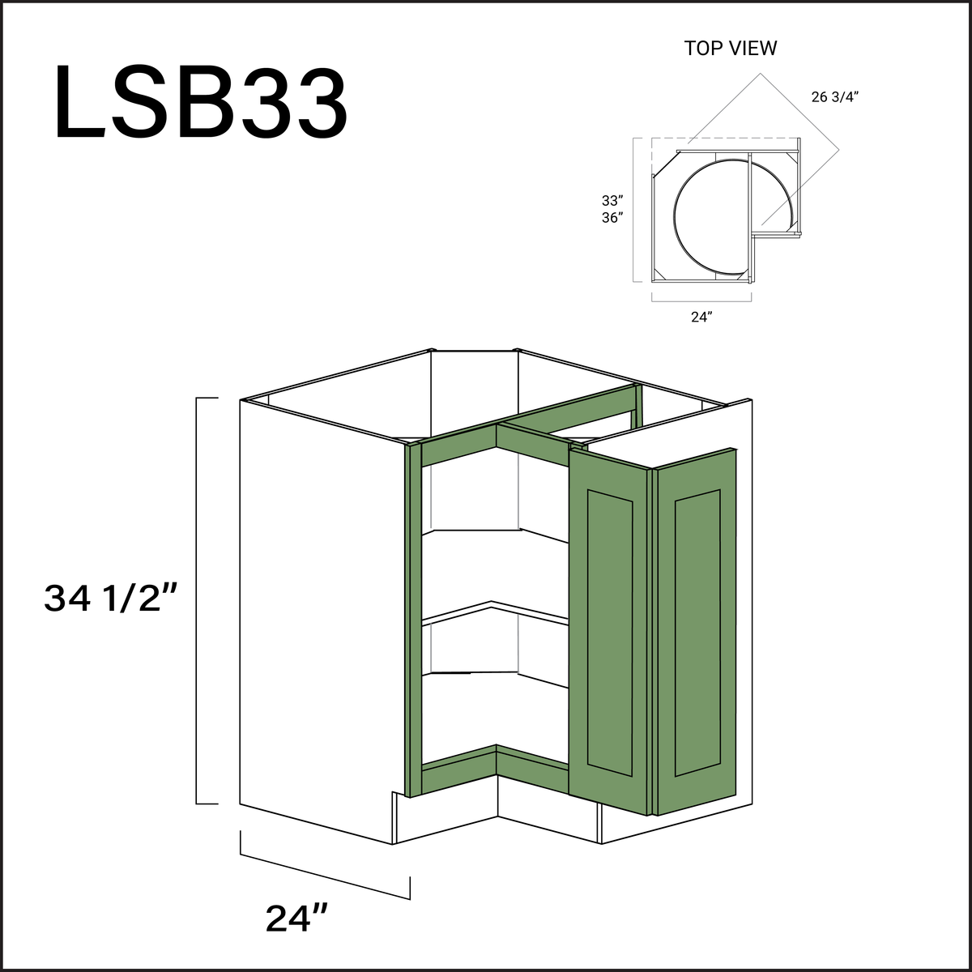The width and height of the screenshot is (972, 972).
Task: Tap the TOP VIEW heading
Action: point(730,49)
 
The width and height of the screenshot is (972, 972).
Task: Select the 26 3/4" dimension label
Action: point(834,97)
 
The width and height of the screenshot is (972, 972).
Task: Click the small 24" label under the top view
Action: point(701,318)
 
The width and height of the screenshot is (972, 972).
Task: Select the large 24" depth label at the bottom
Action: point(296,918)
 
